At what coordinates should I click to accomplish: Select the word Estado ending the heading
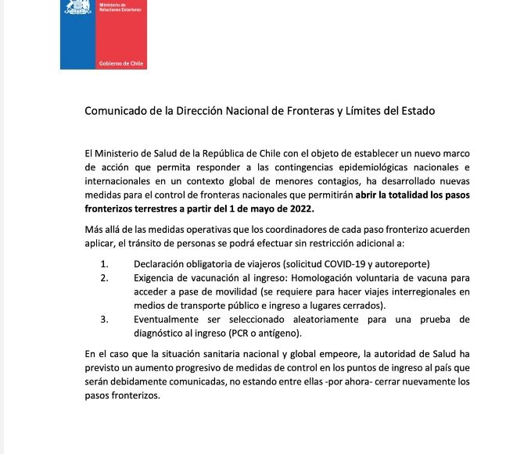pyautogui.click(x=416, y=111)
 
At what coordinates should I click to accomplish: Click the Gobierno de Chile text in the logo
pyautogui.click(x=121, y=63)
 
